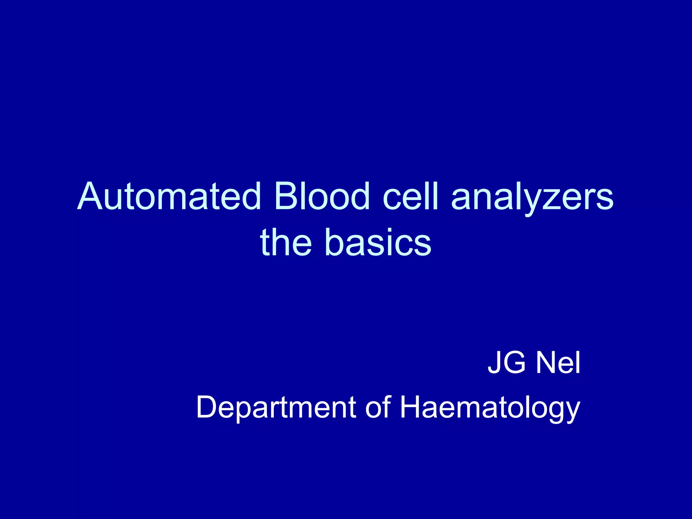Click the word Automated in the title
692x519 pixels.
(x=169, y=197)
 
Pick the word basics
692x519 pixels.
(x=377, y=242)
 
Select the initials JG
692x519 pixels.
(x=506, y=363)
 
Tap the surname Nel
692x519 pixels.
(x=558, y=363)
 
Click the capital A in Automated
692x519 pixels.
(x=90, y=197)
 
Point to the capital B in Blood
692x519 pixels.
(x=286, y=197)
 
